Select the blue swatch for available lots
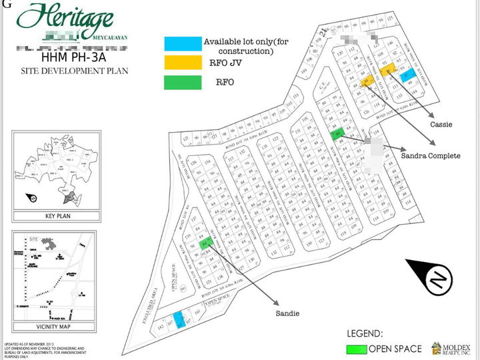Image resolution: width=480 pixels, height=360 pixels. [182, 43]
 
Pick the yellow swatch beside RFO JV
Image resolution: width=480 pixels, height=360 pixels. [182, 62]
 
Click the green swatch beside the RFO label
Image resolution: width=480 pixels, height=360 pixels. [182, 83]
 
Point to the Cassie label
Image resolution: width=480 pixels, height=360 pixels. [441, 123]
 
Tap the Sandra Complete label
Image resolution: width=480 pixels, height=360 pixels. [430, 155]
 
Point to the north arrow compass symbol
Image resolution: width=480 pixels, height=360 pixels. [435, 279]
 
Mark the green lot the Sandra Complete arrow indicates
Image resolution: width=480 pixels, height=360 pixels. [337, 133]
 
